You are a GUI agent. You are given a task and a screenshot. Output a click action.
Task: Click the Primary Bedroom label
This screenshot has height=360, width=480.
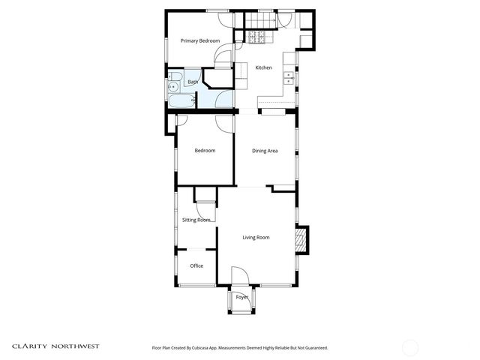[200, 40]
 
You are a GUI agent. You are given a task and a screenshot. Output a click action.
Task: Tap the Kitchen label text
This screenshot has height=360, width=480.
[263, 67]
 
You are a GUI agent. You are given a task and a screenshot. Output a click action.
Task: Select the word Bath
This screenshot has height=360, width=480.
[193, 82]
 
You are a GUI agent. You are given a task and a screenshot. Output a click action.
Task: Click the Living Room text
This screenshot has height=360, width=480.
[256, 238]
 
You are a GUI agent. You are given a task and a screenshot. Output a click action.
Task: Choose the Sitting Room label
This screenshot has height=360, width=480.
[196, 220]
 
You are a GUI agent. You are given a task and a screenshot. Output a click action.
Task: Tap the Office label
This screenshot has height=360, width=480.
[196, 265]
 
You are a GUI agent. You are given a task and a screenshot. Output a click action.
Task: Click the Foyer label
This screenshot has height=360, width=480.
[241, 297]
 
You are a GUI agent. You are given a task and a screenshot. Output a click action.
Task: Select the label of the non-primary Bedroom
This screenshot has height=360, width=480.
[205, 151]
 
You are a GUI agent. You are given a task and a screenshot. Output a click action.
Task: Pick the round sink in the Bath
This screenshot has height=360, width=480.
[173, 87]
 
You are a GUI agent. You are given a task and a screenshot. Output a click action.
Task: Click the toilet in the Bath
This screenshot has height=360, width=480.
[175, 74]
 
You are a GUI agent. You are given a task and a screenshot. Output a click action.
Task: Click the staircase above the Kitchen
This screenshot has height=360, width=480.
[258, 19]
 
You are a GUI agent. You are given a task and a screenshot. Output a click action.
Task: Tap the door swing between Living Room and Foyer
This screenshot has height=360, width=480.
[239, 275]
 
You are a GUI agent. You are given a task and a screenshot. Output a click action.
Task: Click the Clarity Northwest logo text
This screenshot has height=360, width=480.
[55, 346]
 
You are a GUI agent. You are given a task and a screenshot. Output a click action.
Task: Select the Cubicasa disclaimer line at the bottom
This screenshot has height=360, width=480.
[240, 347]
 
